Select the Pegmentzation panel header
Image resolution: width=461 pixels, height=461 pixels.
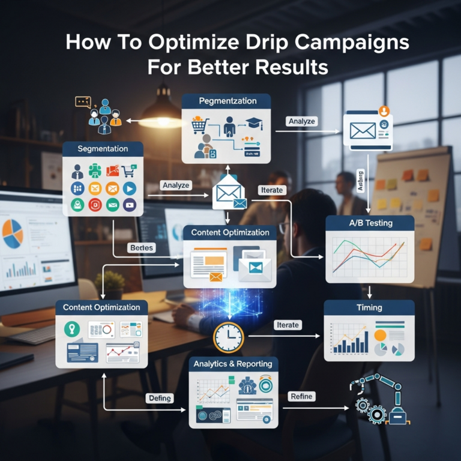226,101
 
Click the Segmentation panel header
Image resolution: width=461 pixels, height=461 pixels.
103,149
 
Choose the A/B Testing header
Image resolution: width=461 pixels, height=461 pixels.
370,223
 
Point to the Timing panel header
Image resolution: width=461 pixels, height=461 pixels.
369,307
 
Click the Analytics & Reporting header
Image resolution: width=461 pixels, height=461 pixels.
233,364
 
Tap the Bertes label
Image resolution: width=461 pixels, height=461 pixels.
142,247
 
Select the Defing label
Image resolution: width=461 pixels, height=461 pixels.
159,398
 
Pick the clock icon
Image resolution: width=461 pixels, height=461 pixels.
229,337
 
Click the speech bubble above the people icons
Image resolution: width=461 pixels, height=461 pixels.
83,101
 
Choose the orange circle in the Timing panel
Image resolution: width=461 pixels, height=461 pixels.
381,334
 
